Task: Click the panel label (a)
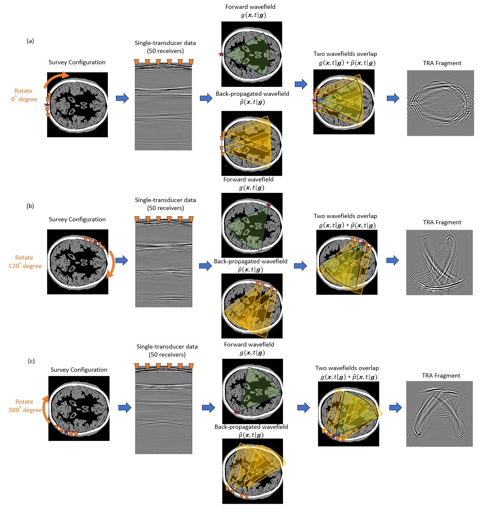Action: point(30,41)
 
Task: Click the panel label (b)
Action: point(30,206)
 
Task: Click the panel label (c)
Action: point(31,361)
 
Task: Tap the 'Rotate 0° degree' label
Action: point(24,95)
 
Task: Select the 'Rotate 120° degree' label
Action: point(25,262)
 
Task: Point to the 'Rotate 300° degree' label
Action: point(25,406)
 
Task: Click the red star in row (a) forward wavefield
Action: point(221,54)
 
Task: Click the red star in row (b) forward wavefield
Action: point(269,205)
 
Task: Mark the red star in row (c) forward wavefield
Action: point(236,412)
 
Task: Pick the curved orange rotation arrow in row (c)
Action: point(45,409)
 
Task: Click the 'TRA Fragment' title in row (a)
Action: point(442,63)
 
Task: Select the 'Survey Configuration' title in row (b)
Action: point(77,220)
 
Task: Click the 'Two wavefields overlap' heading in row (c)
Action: point(347,368)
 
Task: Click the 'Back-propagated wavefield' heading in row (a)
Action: point(252,94)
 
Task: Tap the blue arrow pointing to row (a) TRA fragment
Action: point(393,98)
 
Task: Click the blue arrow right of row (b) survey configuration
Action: point(122,260)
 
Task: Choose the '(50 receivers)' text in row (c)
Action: point(167,355)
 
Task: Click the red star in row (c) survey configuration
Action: point(66,432)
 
